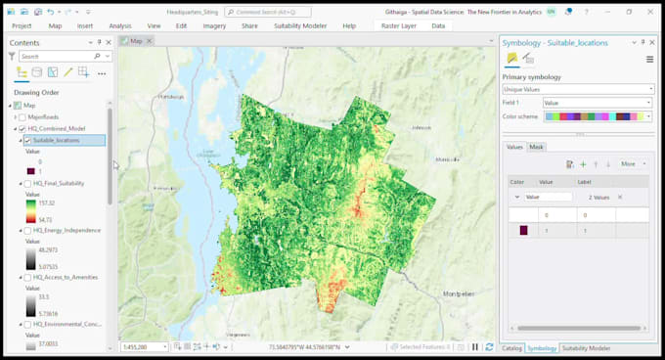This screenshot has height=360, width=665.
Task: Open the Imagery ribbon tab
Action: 213,25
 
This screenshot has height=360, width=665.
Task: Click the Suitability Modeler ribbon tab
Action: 300,25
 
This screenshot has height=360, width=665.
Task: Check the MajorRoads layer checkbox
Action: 22,116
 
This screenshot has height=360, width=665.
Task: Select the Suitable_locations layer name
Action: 56,140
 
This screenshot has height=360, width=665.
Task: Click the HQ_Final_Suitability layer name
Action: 59,183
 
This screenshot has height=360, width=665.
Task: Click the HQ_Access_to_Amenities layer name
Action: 65,277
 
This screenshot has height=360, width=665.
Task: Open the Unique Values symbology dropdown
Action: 577,89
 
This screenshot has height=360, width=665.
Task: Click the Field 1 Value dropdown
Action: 597,103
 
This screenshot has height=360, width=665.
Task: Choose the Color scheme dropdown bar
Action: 597,116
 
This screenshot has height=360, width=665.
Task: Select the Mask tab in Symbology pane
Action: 536,147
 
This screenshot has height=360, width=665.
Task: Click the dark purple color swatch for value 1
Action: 523,231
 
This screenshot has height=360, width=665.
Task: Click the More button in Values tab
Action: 631,163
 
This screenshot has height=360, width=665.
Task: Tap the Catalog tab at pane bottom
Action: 511,348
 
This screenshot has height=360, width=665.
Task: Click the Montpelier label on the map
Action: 462,322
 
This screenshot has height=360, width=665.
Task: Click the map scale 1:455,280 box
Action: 142,347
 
